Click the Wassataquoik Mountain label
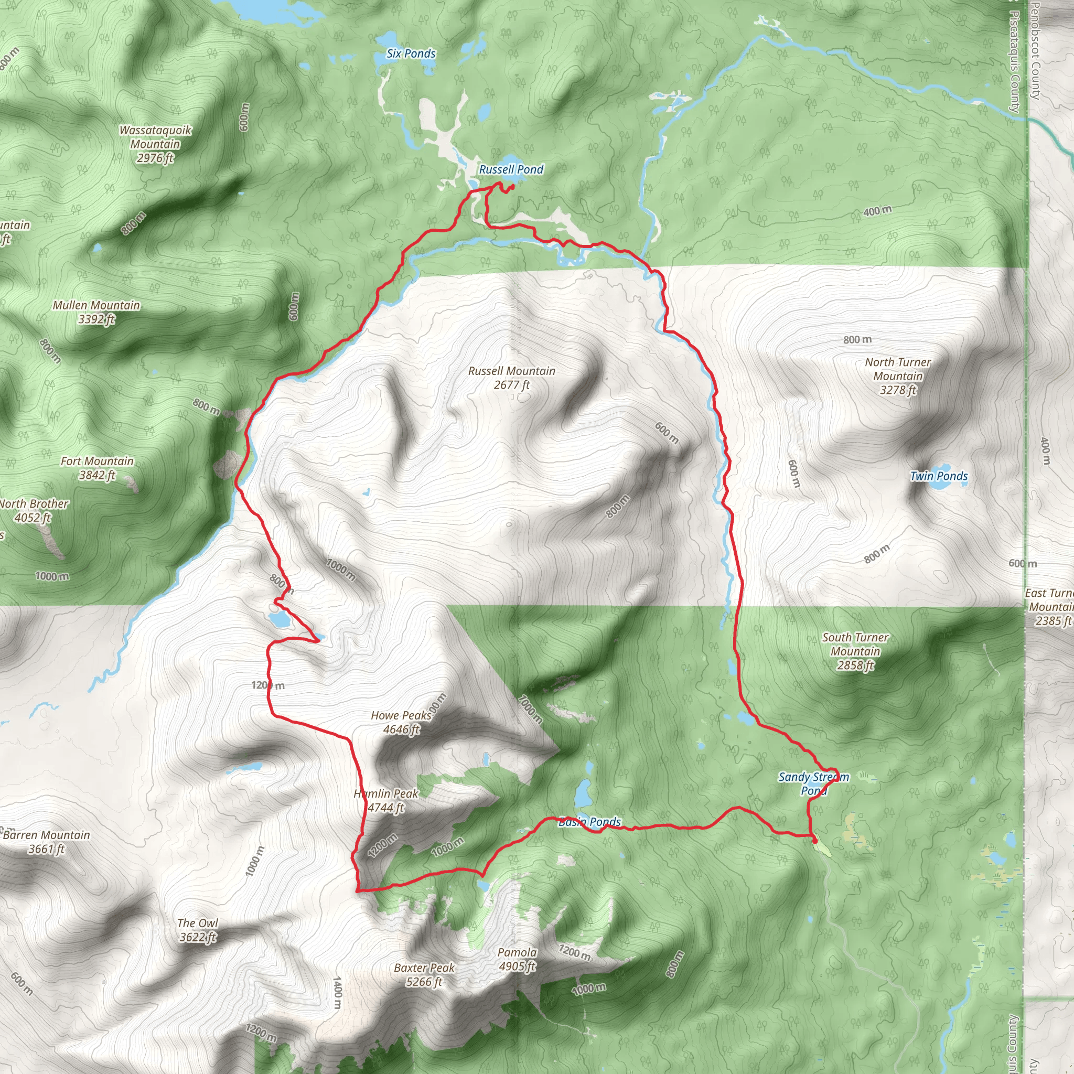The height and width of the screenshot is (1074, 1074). (x=155, y=144)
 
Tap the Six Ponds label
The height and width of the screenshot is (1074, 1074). (x=411, y=54)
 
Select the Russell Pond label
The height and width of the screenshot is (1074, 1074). (x=511, y=169)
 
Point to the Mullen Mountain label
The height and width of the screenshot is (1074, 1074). (x=96, y=312)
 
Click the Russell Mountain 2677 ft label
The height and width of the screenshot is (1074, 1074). (x=511, y=378)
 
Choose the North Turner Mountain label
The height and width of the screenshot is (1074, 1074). (x=897, y=376)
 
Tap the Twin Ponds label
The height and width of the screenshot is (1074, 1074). (x=938, y=476)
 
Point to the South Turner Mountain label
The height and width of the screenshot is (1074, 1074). (x=855, y=651)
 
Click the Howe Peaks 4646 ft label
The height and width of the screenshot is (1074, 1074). (x=401, y=722)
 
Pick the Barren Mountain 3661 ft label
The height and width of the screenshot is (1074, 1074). (x=47, y=842)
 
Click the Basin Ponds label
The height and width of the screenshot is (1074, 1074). (x=589, y=822)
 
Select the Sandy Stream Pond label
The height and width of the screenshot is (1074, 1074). (x=814, y=783)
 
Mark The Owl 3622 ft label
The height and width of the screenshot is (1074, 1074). (x=197, y=930)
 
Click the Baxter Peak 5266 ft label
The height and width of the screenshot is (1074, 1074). (x=424, y=974)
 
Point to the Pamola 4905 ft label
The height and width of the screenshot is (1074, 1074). (x=517, y=959)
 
